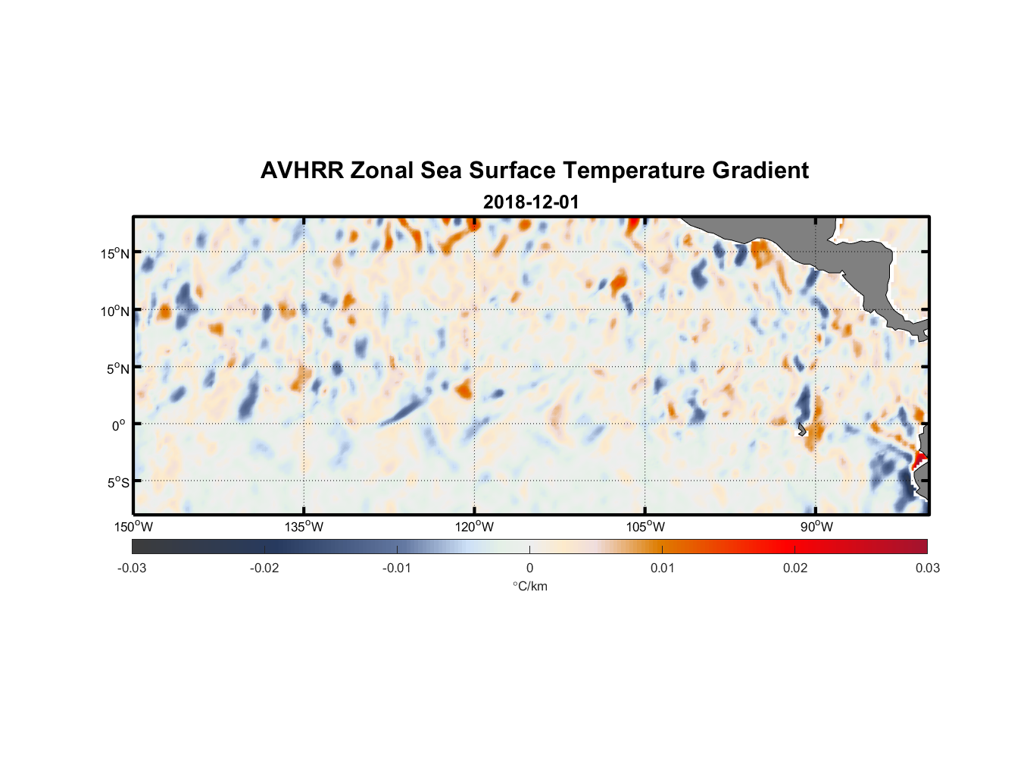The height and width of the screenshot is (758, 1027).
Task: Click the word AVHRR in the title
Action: click(x=301, y=171)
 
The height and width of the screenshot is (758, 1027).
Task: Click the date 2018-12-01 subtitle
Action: click(x=531, y=202)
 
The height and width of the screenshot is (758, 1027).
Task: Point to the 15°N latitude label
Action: click(x=115, y=253)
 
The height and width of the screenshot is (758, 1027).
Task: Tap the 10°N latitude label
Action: click(x=115, y=311)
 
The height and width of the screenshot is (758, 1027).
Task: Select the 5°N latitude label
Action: click(x=117, y=368)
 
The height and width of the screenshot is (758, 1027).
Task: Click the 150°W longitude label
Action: click(x=133, y=527)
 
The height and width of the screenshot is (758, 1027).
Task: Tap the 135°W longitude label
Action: click(x=304, y=527)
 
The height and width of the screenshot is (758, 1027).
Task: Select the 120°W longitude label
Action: click(x=474, y=527)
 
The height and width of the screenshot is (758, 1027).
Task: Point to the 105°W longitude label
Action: click(x=645, y=527)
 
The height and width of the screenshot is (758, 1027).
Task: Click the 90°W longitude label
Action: click(x=816, y=527)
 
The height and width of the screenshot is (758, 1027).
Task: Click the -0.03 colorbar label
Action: click(x=132, y=568)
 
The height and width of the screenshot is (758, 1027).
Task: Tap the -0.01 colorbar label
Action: click(x=397, y=568)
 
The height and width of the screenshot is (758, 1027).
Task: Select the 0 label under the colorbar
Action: click(x=529, y=568)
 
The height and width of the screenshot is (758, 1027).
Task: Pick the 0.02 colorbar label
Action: click(x=795, y=568)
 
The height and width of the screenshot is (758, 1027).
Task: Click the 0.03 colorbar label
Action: click(x=927, y=568)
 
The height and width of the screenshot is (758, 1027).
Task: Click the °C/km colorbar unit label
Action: click(x=530, y=586)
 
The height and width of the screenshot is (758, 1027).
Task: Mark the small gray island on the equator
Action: click(x=802, y=431)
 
